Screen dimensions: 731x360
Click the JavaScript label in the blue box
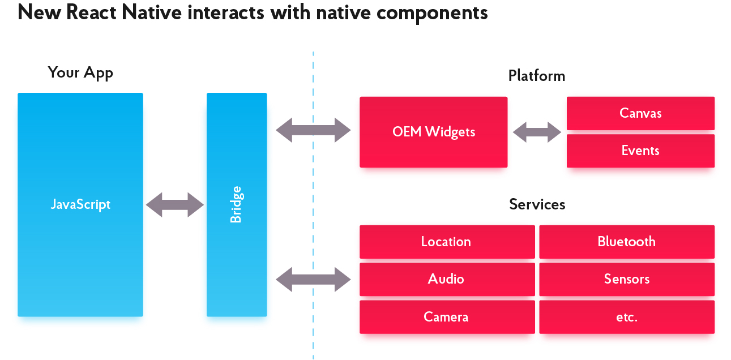point(80,205)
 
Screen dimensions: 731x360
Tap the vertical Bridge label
point(236,204)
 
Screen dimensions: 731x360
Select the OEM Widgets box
point(433,132)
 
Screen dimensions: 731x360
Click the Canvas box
point(640,113)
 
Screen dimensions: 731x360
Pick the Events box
point(640,151)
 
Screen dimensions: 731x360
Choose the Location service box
point(447,242)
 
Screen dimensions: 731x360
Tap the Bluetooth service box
point(627,242)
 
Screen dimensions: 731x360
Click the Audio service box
point(447,279)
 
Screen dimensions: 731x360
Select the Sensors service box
point(627,279)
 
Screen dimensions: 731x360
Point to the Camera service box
point(447,316)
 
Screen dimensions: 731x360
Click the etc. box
point(627,316)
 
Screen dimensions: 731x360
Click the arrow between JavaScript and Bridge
point(175,205)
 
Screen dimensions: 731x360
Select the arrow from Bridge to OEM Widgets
point(313,130)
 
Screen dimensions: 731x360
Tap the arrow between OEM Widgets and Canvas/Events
point(537,132)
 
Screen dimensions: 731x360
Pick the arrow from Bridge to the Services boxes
point(313,280)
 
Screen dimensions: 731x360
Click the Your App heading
point(80,72)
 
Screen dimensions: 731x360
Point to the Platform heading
point(537,76)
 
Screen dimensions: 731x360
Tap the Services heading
point(537,204)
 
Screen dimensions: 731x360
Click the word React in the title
point(91,12)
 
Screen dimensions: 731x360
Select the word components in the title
point(432,14)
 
